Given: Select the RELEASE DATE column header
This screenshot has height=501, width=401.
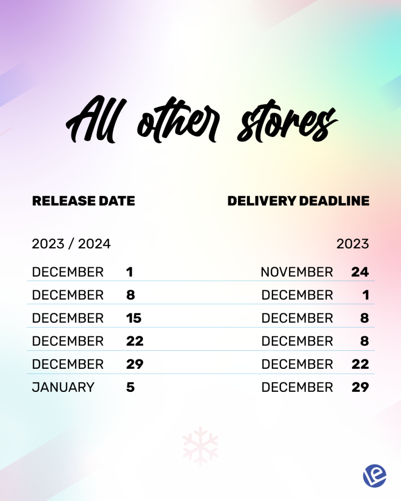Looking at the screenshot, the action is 83,201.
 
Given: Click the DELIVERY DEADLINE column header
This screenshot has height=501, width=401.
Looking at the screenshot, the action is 298,201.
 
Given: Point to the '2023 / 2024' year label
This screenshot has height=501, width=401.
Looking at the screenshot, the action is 71,244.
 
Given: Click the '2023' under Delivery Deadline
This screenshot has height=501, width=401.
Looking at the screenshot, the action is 353,244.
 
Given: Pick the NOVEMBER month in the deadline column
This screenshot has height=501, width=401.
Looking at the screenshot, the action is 297,272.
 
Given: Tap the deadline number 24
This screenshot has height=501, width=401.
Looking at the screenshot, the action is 360,272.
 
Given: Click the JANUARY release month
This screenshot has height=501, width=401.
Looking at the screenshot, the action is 63,387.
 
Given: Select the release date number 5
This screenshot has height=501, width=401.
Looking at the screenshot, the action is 130,387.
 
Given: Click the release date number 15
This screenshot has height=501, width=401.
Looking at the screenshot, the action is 134,318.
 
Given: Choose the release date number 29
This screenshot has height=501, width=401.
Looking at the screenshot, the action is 135,364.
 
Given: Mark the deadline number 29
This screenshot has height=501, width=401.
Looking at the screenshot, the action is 360,387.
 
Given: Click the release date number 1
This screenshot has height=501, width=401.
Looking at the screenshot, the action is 130,272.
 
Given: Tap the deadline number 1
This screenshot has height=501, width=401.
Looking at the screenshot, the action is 366,295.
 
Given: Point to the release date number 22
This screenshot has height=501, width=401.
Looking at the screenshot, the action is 135,341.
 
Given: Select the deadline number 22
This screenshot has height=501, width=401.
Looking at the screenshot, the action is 360,364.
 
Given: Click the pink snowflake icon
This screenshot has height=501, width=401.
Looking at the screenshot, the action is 201,446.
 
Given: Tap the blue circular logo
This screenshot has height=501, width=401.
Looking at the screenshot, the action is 375,476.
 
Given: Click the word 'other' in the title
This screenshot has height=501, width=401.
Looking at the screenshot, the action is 178,121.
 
